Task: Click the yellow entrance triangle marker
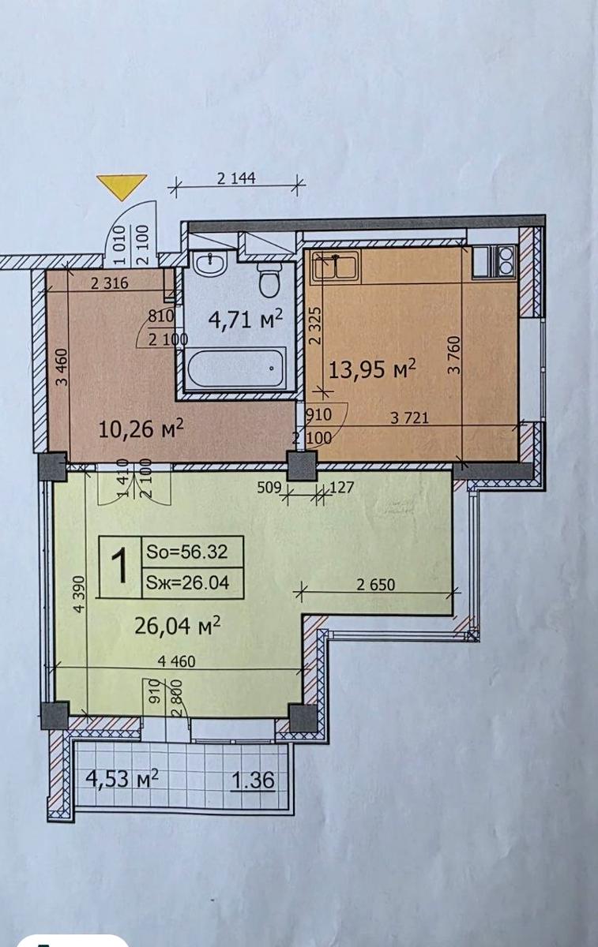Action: point(122,185)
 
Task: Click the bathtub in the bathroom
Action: point(235,367)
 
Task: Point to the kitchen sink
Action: point(336,267)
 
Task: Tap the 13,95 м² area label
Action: point(372,369)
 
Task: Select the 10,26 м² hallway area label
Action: point(141,429)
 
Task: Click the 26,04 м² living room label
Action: point(177,625)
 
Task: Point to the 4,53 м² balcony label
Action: point(122,778)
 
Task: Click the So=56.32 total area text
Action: point(186,552)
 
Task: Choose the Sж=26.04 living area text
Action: point(187,583)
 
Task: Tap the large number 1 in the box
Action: point(119,566)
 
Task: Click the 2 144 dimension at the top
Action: point(236,178)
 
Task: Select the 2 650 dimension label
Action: point(376,585)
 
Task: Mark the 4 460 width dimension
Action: point(176,661)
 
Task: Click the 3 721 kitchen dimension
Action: point(410,418)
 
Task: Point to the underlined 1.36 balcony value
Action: point(254,780)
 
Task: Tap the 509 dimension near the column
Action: point(269,488)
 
